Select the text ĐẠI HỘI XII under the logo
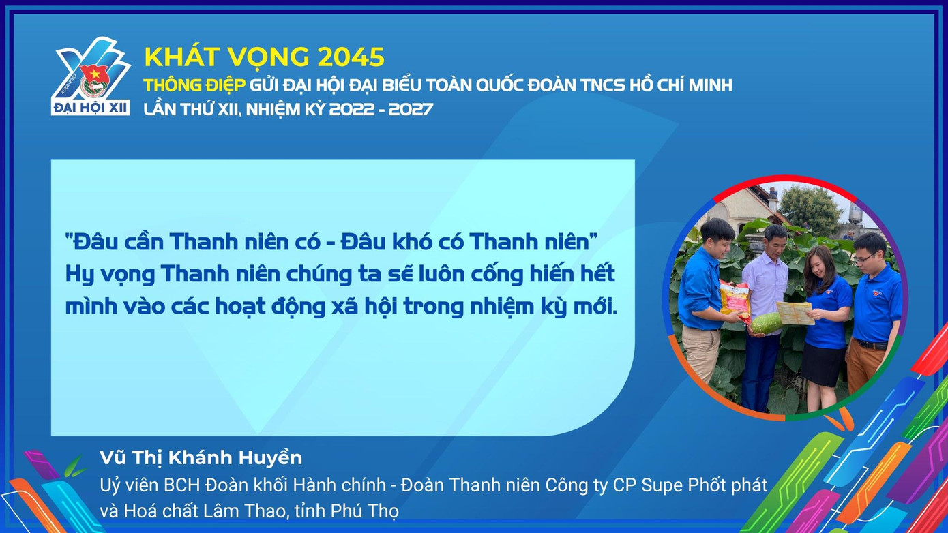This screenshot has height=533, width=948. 91,108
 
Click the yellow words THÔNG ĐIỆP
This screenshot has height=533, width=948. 194,85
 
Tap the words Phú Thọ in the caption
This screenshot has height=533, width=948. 365,511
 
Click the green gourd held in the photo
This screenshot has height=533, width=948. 766,323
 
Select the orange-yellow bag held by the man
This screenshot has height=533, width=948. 735,300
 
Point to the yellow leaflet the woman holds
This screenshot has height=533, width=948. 795,313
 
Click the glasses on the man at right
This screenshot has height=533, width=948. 864,258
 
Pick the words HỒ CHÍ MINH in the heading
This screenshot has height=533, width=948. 681,85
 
